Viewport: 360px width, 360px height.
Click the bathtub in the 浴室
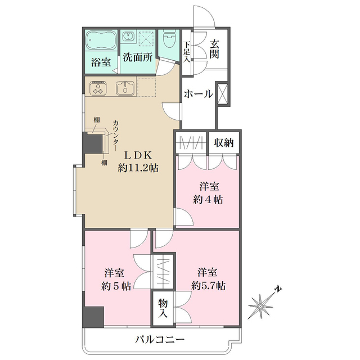(101, 41)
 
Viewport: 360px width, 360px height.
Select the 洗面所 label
(138, 57)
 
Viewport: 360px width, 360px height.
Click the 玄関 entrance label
(215, 48)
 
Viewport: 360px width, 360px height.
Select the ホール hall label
(198, 94)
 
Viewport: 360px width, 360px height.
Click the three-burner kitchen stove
(99, 89)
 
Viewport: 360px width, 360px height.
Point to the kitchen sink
(125, 88)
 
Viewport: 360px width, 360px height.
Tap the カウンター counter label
(115, 136)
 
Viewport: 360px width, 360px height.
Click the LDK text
(139, 154)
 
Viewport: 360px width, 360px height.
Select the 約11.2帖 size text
(138, 167)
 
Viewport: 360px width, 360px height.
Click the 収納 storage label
(224, 143)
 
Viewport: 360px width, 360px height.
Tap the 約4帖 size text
(208, 200)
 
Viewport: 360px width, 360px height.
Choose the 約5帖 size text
(117, 286)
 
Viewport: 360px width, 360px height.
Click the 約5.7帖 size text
(209, 286)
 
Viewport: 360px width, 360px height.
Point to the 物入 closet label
(163, 308)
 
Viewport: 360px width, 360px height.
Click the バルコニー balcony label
(160, 340)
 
